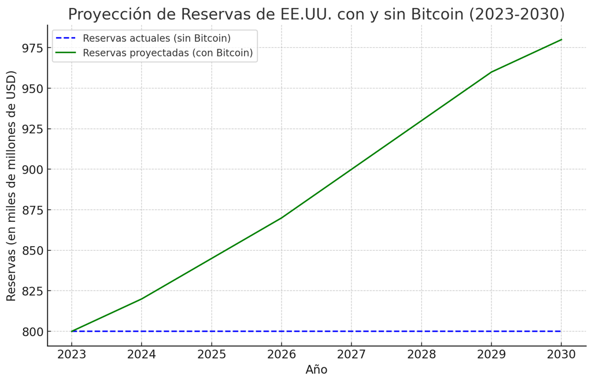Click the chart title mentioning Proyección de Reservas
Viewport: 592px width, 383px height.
pos(316,14)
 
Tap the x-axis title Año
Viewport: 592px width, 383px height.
pos(316,370)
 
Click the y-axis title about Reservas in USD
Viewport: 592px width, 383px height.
pos(12,185)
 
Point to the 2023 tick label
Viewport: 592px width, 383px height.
pos(72,354)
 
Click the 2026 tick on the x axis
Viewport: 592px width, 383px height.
pos(282,354)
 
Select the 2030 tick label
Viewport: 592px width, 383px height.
pos(561,354)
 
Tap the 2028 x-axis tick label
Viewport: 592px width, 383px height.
pos(421,354)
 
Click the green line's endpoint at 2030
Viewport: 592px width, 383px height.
pos(561,40)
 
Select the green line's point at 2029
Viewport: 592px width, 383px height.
pos(491,72)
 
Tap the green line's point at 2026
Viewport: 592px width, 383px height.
pos(282,218)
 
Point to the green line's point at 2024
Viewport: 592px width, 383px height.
pos(142,299)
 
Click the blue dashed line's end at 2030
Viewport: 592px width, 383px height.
pos(560,331)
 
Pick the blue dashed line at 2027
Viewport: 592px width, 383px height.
pos(351,331)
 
